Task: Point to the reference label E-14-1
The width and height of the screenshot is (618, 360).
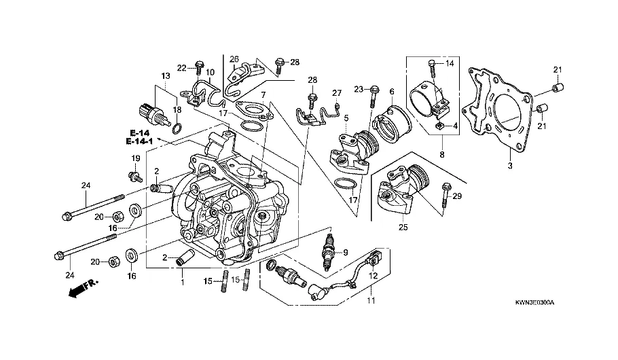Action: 139,141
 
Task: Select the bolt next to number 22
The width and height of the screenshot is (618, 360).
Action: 198,68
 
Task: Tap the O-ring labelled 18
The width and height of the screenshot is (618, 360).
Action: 178,128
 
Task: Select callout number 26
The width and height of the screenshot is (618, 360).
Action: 234,58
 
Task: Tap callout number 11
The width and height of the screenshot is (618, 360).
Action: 371,299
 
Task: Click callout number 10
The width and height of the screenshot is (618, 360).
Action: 210,72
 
